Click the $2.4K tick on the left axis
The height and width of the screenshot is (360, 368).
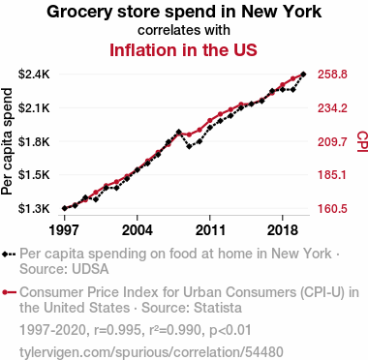coord(34,75)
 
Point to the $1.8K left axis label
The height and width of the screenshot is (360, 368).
coord(34,141)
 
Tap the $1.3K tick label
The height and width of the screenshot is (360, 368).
coord(34,209)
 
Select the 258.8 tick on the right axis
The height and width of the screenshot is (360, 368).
coord(332,75)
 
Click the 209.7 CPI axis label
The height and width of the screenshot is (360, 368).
coord(332,141)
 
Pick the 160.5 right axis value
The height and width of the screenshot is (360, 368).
coord(332,209)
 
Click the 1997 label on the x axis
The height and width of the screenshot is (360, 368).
coord(65,230)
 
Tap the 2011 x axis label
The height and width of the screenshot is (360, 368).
coord(210,230)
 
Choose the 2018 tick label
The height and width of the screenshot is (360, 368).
coord(283,230)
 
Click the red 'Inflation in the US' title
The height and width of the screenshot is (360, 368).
coord(183,50)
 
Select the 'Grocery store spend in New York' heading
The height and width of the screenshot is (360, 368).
coord(184,12)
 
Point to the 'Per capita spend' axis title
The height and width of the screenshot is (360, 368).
coord(7,141)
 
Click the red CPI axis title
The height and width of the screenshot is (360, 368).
coord(362,141)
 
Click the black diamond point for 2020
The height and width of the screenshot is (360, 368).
coord(303,75)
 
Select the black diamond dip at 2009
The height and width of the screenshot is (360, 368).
coord(189,147)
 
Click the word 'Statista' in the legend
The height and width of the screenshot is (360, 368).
coord(217,308)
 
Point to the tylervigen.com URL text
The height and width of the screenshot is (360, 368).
coord(151,352)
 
